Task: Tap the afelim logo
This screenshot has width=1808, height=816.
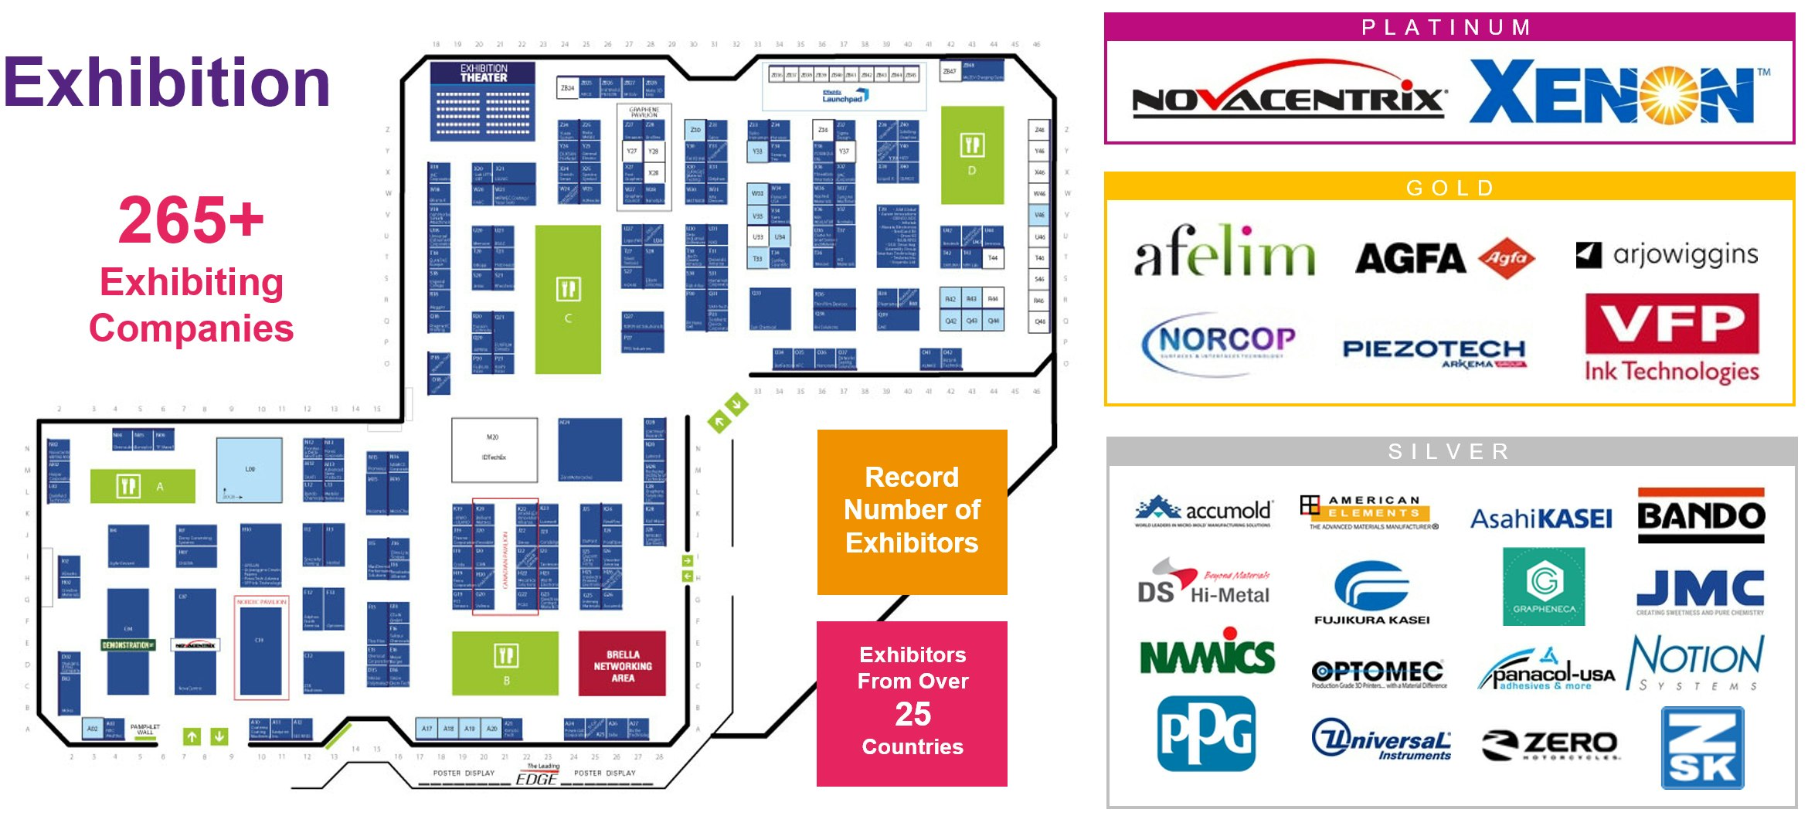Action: point(1224,252)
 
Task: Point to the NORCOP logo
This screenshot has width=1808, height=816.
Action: point(1218,342)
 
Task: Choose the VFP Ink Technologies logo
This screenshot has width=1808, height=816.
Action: point(1672,338)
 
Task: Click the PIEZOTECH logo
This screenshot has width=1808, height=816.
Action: point(1434,352)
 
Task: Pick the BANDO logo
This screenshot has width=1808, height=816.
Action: point(1701,515)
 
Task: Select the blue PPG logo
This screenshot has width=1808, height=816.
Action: point(1206,733)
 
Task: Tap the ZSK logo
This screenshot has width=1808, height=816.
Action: point(1702,748)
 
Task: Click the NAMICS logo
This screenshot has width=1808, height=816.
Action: point(1207,658)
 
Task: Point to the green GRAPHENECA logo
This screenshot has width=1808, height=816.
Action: point(1544,586)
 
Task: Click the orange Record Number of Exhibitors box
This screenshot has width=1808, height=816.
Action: point(912,511)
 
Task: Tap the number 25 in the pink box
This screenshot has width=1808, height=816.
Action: point(912,714)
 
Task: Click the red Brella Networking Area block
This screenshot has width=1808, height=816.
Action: point(622,664)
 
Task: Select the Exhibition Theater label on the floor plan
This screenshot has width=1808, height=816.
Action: point(484,73)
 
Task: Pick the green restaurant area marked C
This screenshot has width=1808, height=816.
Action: point(568,300)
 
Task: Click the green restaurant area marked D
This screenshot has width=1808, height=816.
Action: point(972,155)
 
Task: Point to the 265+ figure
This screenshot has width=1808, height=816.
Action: point(191,220)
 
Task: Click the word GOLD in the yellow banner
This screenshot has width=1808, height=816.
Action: point(1449,188)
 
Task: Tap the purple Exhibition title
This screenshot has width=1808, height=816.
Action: point(167,83)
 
